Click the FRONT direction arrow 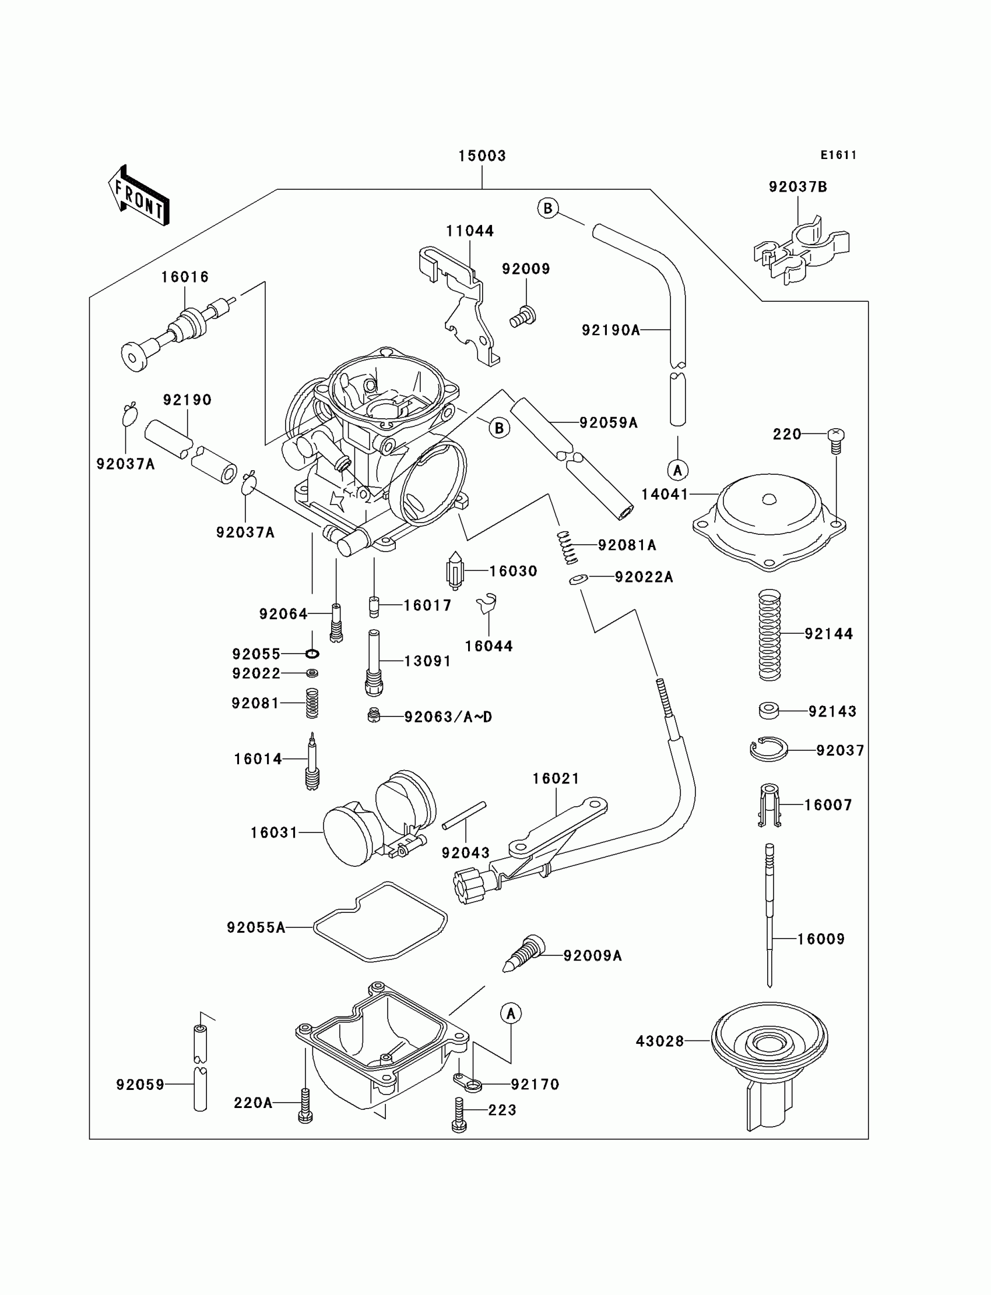[139, 196]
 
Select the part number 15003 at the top [482, 156]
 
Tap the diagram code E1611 [838, 155]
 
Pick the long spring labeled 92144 [769, 634]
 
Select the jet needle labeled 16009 [769, 913]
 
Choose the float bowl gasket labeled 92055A [380, 923]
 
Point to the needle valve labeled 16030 [455, 570]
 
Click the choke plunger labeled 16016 [177, 333]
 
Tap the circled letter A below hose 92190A [678, 470]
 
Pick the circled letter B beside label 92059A [499, 428]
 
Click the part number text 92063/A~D [448, 717]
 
